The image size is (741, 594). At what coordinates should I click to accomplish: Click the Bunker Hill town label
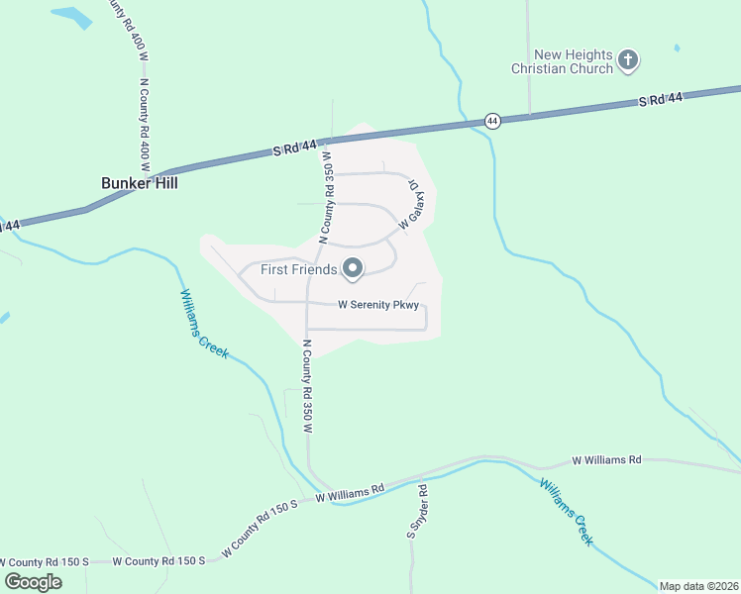pos(140,182)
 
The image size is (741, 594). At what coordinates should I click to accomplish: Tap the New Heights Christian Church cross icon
pos(627,61)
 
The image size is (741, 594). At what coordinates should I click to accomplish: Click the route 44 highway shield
pos(493,121)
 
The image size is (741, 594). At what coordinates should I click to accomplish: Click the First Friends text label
pos(298,269)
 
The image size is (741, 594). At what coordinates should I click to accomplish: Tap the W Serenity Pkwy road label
pos(379,305)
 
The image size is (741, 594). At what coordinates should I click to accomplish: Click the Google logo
pos(33,581)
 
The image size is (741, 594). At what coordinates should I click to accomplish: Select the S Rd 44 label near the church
pos(661,100)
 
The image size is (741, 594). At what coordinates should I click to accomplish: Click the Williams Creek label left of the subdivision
pos(203,324)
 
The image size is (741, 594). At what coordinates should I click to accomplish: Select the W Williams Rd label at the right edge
pos(607,460)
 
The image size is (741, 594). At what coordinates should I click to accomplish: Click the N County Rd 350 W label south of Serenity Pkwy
pos(307,387)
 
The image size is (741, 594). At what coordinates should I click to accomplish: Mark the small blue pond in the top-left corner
pos(70,17)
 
